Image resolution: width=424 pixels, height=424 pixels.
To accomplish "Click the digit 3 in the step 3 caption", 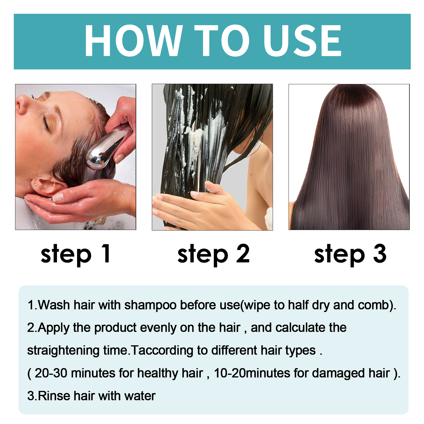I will [379, 254].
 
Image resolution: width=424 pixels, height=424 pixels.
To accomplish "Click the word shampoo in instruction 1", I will [150, 305].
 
